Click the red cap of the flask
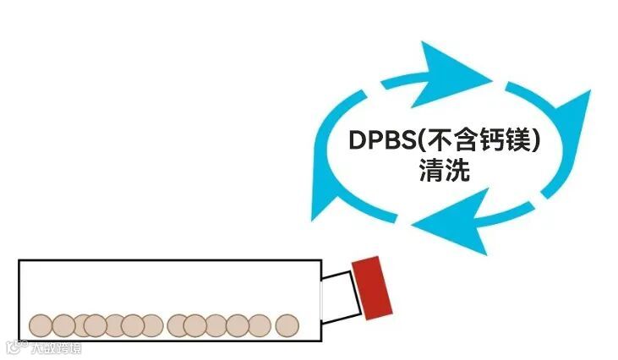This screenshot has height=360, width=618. [373, 286]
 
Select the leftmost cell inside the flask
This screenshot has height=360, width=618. [41, 325]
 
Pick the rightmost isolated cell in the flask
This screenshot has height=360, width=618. [287, 325]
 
